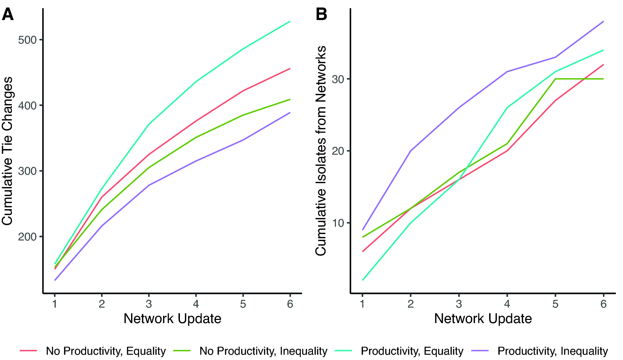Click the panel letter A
tap(8, 15)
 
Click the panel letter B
tap(321, 15)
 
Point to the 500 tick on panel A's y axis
tap(27, 40)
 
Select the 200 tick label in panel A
tap(27, 237)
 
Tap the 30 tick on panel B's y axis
tap(338, 79)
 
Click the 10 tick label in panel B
tap(338, 223)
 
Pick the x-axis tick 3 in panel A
tap(149, 304)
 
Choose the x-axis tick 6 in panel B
tap(603, 304)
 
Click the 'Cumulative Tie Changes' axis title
tap(8, 151)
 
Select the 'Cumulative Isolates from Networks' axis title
tap(321, 151)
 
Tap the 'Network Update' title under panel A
tap(172, 319)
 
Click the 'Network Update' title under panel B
tap(483, 319)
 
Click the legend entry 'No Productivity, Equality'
tap(105, 351)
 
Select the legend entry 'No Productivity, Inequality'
tap(263, 351)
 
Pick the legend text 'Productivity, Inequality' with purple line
tap(552, 351)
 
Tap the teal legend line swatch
tap(343, 351)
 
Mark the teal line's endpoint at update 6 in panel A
tap(290, 21)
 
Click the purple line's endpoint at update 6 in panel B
tap(603, 21)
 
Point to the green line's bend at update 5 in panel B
tap(555, 79)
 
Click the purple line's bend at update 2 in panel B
tap(410, 151)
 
